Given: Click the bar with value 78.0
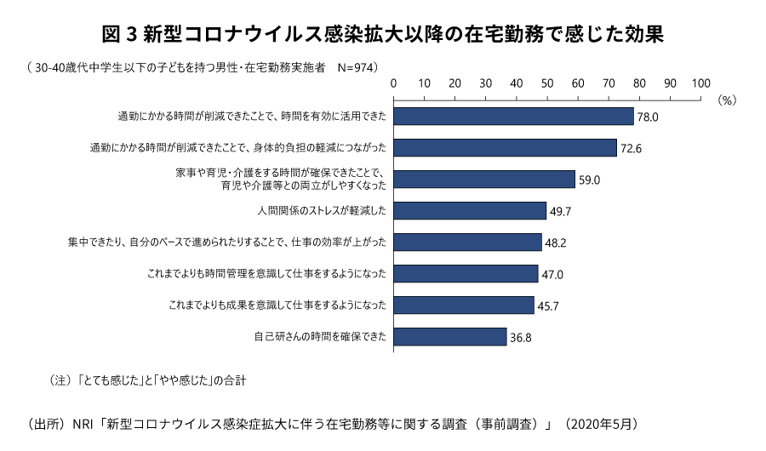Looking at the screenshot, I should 513,116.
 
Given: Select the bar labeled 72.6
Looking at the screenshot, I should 505,147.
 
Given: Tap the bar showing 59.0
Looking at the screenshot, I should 484,179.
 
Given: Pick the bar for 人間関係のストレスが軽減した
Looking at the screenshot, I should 470,210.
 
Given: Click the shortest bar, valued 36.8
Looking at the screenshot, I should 450,336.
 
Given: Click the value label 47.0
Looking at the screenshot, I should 553,274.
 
